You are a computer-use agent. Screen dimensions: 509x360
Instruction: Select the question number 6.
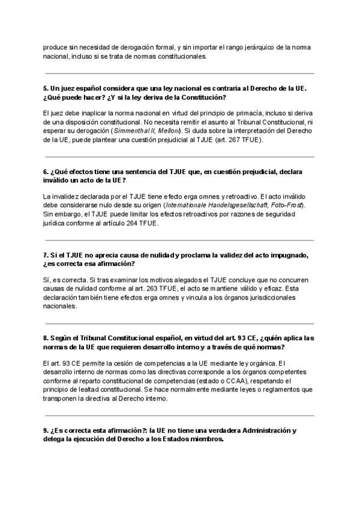coord(46,172)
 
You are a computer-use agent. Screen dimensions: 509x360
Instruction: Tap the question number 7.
coord(46,255)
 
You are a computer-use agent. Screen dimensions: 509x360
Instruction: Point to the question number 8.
coord(46,339)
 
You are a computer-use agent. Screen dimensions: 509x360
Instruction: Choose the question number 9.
coord(46,430)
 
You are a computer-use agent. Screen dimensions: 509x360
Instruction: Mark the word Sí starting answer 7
coord(47,279)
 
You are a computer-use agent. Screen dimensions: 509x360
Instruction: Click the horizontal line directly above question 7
coord(180,240)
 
